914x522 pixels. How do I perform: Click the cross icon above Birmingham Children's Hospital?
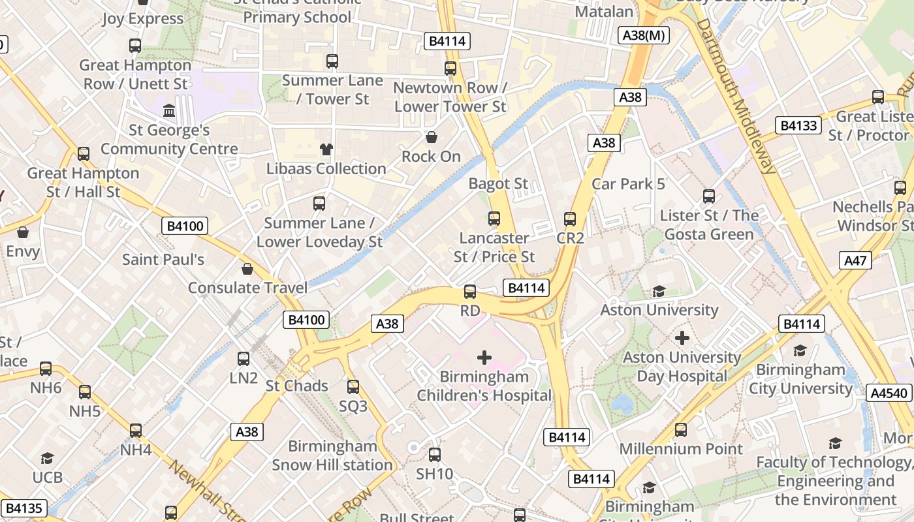tap(484, 358)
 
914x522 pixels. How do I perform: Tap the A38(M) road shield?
tap(644, 35)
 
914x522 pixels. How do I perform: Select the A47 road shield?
tap(855, 261)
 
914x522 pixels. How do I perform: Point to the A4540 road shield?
tap(889, 393)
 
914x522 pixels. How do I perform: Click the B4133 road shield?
tap(798, 125)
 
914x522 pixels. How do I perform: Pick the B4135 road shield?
tap(24, 508)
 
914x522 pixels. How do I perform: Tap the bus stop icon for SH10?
tap(435, 455)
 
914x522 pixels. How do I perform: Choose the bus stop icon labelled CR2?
tap(570, 219)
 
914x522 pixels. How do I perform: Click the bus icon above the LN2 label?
tap(244, 358)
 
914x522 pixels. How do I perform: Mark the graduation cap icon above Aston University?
tap(659, 291)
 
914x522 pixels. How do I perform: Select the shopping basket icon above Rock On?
tap(431, 137)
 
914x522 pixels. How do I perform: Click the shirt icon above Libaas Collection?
tap(326, 149)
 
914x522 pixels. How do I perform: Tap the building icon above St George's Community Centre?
tap(169, 111)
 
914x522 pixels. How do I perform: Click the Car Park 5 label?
tap(628, 184)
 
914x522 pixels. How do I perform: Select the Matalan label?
tap(604, 12)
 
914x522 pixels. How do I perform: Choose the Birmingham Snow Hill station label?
tap(332, 455)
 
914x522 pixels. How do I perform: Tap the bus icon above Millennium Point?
tap(681, 430)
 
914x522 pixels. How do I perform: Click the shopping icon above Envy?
tap(23, 232)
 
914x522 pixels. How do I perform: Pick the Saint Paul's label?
tap(163, 260)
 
